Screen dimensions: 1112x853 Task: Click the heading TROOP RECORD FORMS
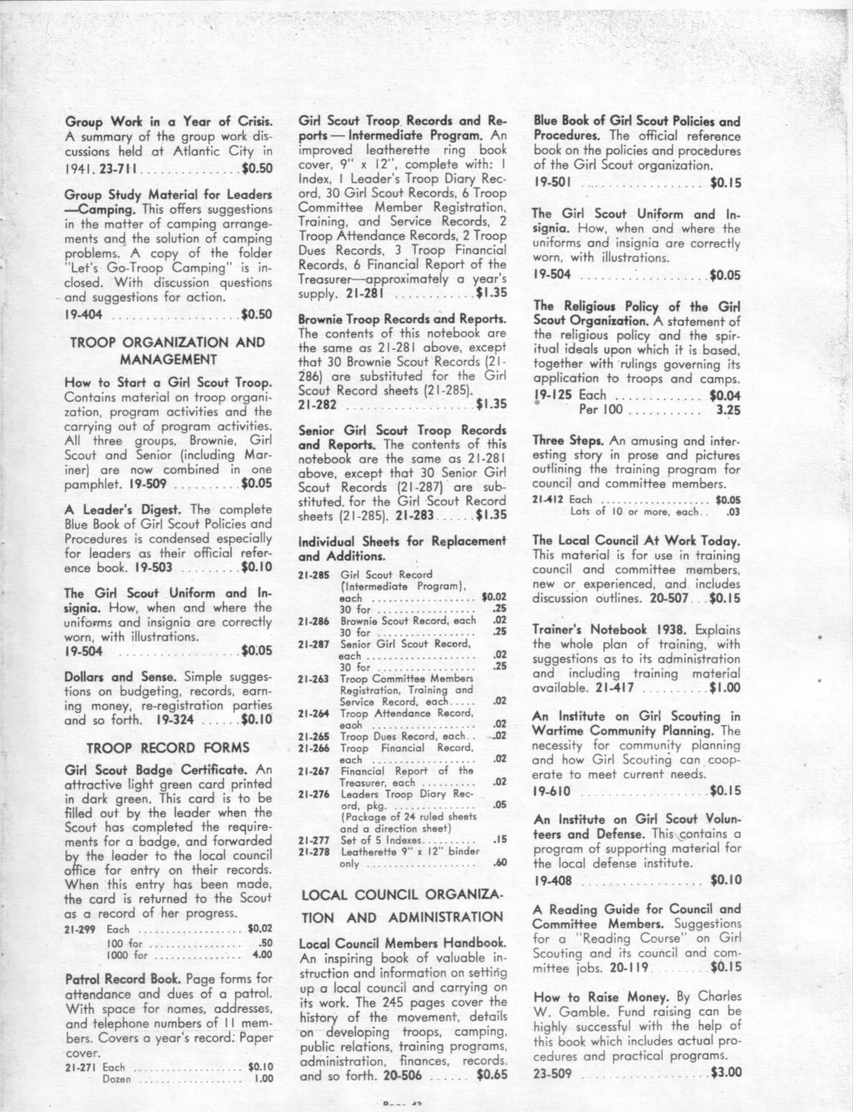(x=168, y=748)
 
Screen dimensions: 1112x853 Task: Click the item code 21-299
(x=80, y=929)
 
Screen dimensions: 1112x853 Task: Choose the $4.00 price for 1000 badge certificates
(x=261, y=954)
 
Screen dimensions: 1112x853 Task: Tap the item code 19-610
(x=552, y=791)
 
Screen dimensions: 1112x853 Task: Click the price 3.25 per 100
(x=727, y=409)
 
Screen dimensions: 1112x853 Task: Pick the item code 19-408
(x=552, y=879)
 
